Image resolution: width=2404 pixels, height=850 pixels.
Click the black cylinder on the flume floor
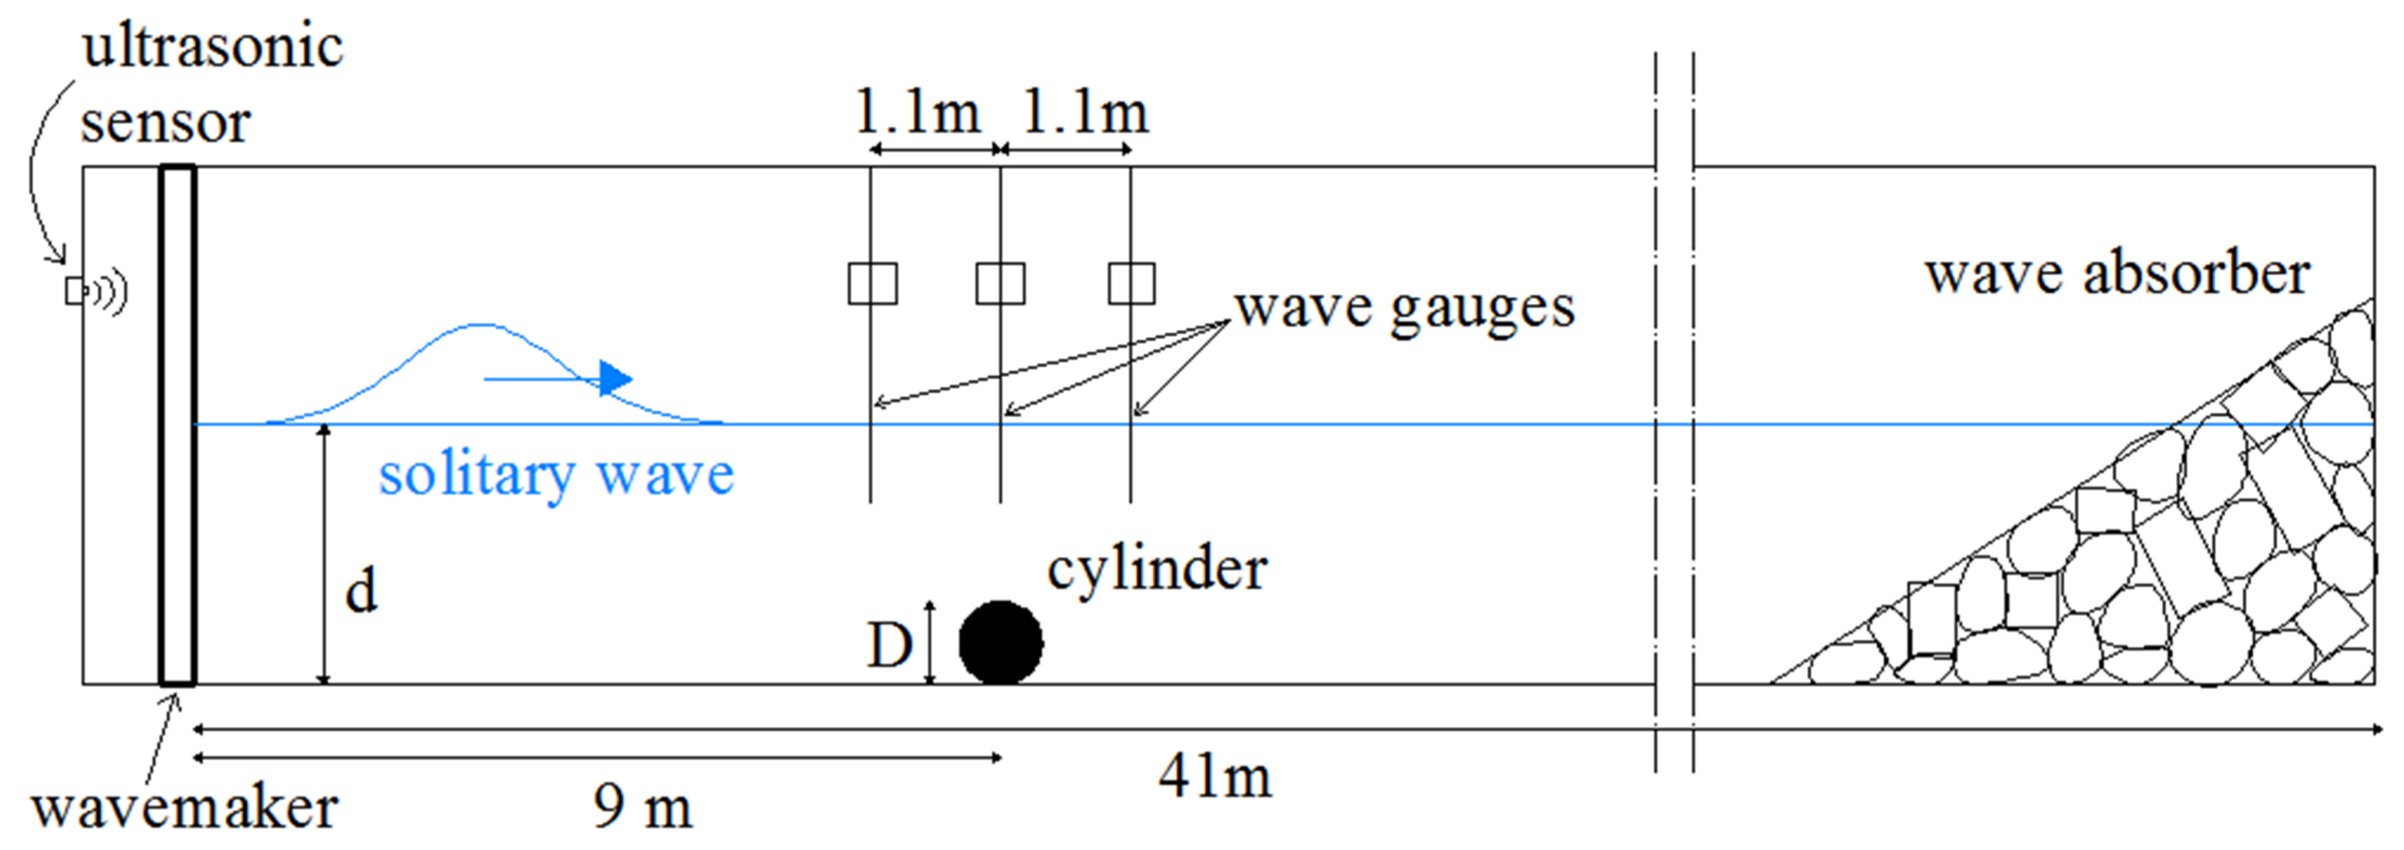[1001, 642]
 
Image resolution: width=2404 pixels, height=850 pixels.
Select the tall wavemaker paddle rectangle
[177, 425]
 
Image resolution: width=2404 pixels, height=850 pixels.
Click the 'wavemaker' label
[185, 808]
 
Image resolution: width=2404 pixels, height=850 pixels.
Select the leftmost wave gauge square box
[872, 283]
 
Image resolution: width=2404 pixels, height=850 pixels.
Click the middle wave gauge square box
[1001, 283]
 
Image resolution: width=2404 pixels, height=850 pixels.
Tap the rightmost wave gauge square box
[1131, 283]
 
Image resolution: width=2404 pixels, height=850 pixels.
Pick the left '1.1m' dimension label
[918, 113]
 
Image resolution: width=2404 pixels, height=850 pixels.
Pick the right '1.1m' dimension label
[1086, 113]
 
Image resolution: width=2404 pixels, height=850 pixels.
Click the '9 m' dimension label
[643, 807]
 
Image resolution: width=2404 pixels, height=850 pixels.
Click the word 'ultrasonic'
[213, 47]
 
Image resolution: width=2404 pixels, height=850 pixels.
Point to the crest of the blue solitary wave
[480, 326]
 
